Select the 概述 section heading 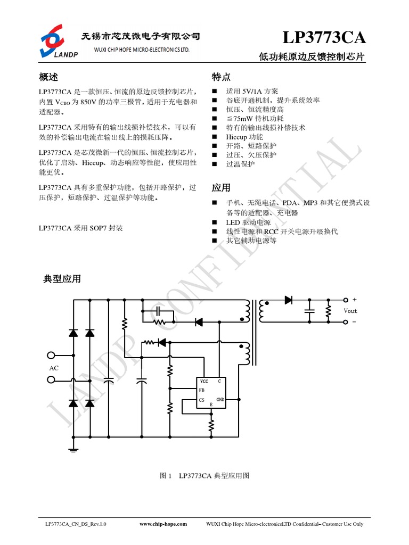[x=48, y=77]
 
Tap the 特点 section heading [x=221, y=77]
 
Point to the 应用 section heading [x=221, y=188]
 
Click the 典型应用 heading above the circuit [x=62, y=278]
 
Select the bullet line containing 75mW [x=255, y=119]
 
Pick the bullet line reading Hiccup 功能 [x=244, y=137]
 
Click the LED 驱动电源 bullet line [x=248, y=222]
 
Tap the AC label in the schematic [x=54, y=368]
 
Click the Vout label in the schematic [x=350, y=311]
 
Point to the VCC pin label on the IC [x=204, y=382]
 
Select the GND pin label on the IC [x=220, y=400]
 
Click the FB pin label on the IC [x=202, y=391]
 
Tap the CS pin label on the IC [x=202, y=400]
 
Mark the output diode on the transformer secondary [x=289, y=300]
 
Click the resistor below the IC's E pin [x=211, y=424]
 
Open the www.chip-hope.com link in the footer [x=163, y=524]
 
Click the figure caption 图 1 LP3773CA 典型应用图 [x=205, y=475]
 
